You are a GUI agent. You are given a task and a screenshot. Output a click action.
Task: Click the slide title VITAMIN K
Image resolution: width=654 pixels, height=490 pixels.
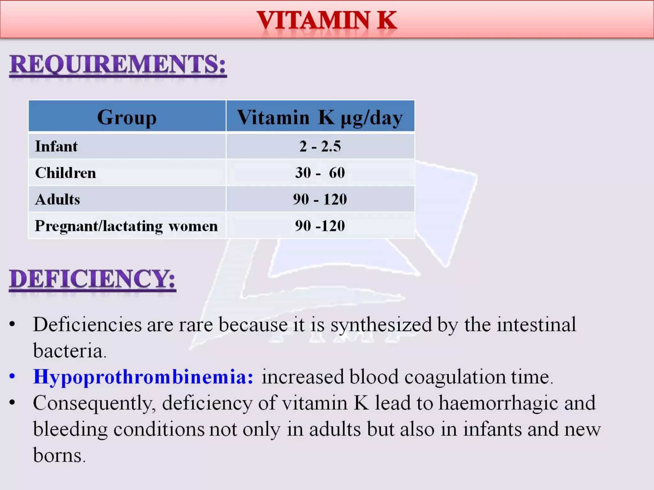pos(327,20)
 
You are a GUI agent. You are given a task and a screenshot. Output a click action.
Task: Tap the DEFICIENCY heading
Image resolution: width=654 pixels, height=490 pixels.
pos(92,279)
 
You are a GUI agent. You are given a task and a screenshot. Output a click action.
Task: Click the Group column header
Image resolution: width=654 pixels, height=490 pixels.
pos(127,117)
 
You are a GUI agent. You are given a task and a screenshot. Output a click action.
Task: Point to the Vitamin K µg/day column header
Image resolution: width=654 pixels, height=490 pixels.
pos(320,117)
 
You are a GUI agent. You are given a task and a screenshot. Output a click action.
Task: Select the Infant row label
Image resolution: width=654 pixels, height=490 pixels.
pos(56,146)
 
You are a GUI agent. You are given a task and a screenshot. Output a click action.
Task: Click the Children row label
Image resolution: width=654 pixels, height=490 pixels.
pos(65,173)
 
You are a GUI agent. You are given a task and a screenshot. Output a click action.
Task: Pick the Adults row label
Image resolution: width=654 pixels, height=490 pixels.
pos(57,199)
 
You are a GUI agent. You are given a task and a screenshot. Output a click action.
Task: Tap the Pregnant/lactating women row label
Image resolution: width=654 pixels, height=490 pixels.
pos(126,226)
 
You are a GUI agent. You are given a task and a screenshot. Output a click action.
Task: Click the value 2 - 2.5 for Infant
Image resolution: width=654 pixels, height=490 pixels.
pos(320,146)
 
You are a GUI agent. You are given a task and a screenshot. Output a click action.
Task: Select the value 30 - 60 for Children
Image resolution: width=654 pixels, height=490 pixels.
pos(320,173)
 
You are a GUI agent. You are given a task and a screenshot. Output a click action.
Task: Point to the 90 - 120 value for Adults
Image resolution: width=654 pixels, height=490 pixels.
pos(320,199)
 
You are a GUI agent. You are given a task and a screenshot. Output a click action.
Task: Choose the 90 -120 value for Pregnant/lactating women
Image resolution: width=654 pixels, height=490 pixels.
pos(320,226)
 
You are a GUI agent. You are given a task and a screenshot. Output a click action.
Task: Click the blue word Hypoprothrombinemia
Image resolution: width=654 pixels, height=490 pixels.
pos(143,377)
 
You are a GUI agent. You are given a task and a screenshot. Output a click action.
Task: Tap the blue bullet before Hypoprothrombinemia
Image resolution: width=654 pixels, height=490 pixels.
pos(12,376)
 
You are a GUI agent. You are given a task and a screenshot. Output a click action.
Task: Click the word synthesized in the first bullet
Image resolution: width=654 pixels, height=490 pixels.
pos(381,325)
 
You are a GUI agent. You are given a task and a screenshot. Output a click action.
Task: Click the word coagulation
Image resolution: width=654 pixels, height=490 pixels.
pos(455,377)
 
